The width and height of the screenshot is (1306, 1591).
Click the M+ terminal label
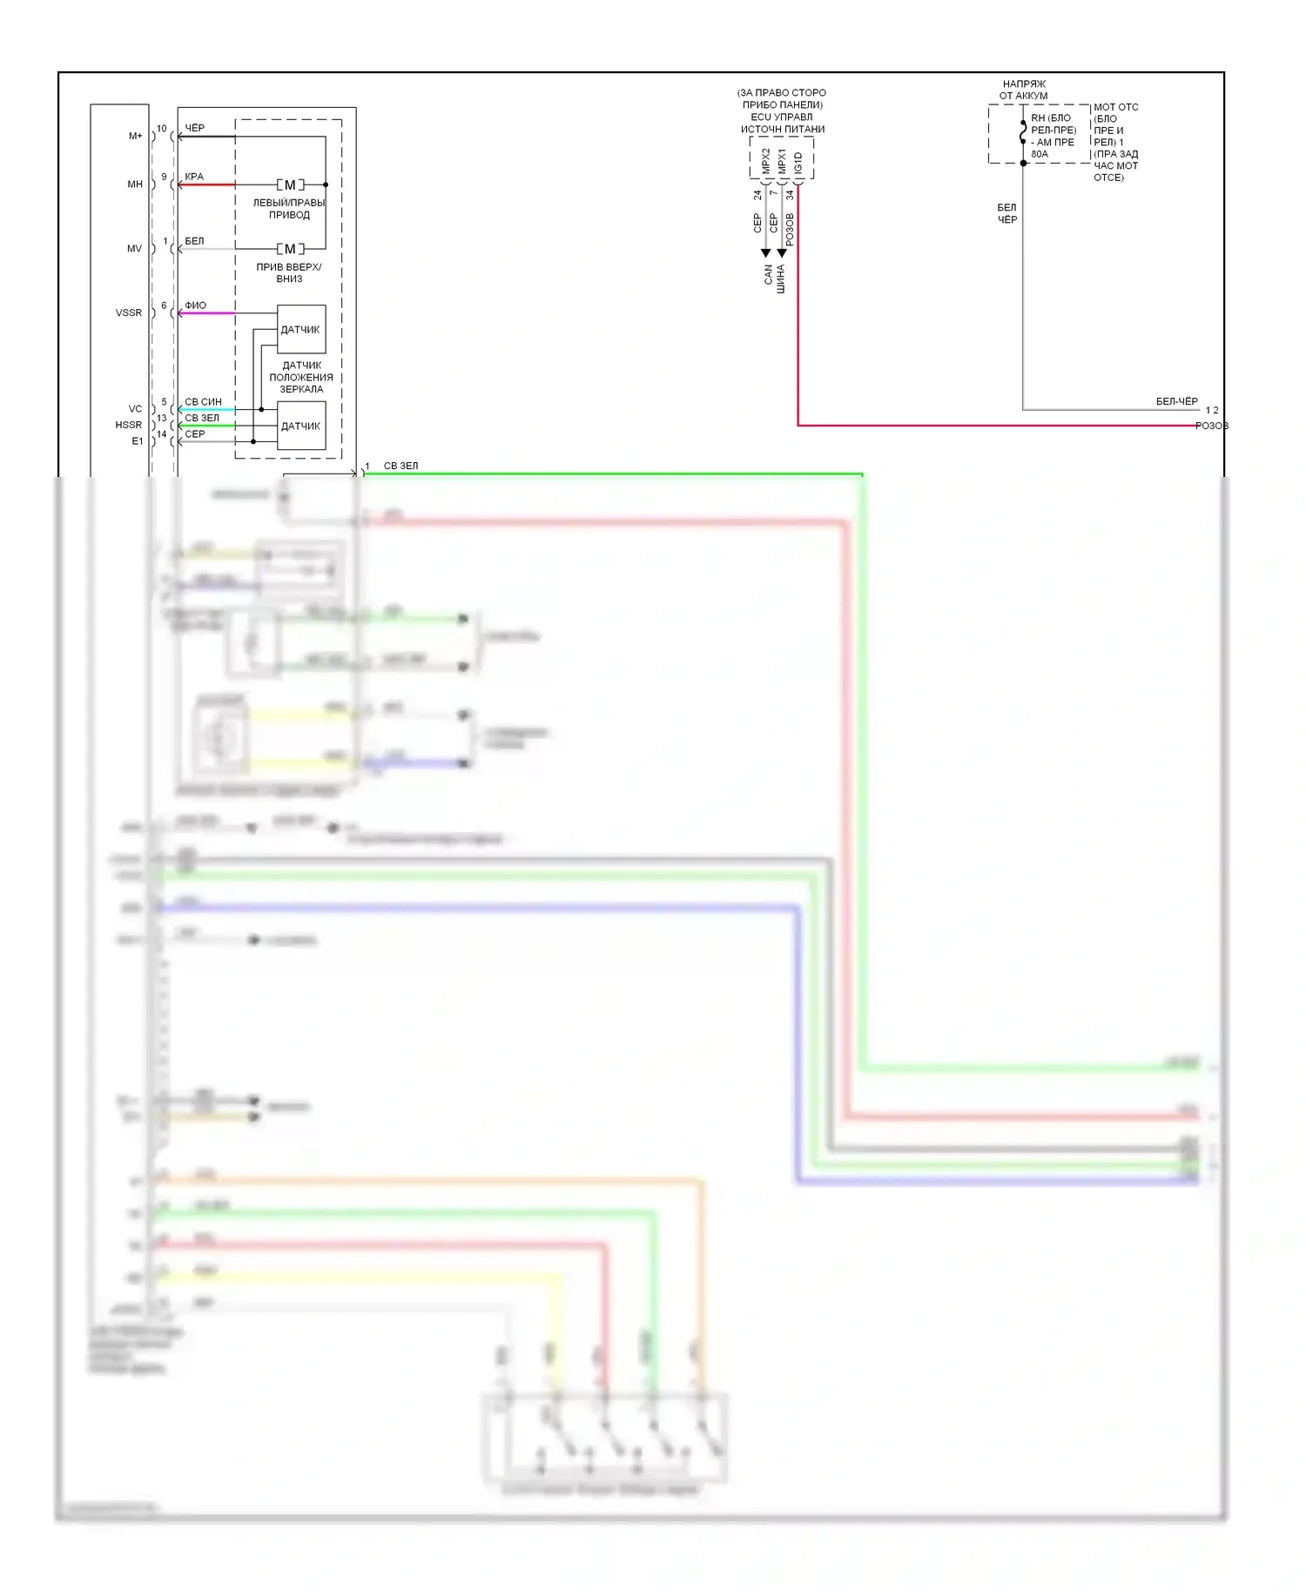136,136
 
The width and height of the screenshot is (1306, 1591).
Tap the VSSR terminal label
129,312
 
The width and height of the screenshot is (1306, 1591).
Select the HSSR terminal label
129,425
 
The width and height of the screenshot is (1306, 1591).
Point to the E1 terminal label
138,441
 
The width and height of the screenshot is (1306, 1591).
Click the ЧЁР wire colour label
195,128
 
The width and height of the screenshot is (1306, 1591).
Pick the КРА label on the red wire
194,177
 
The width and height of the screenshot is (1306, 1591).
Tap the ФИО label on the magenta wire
196,305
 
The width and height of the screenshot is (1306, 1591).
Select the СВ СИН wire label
203,402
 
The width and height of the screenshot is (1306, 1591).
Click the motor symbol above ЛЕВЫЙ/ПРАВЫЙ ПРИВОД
290,185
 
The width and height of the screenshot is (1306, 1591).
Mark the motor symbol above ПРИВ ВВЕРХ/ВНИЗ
290,249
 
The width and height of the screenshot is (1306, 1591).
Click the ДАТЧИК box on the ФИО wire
300,329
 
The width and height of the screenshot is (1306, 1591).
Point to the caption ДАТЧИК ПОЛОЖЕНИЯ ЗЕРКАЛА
301,377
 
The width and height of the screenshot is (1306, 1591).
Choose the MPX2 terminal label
766,161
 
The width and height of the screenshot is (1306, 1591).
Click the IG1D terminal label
798,163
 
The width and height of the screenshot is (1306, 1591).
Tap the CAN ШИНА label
774,278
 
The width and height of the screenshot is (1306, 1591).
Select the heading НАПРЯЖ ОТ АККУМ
1024,90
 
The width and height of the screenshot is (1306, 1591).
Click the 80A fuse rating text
1040,154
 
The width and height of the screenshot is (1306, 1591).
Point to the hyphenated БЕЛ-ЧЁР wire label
1176,401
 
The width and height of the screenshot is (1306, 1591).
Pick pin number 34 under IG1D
790,195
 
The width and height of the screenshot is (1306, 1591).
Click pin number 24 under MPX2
757,195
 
